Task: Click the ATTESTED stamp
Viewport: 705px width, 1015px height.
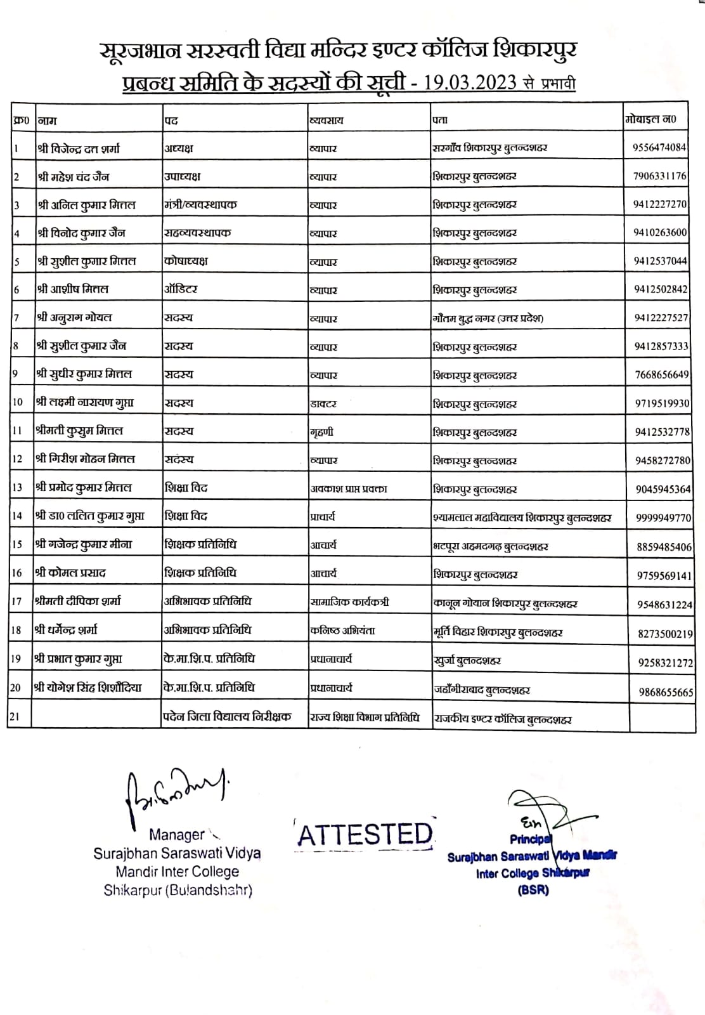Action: coord(365,834)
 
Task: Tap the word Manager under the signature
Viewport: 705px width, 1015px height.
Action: coord(177,835)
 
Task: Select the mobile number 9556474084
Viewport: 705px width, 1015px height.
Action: coord(659,147)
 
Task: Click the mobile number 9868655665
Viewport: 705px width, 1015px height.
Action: coord(666,692)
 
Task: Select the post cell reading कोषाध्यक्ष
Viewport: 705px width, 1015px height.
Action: coord(186,261)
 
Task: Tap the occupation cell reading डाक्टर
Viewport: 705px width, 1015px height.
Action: coord(323,403)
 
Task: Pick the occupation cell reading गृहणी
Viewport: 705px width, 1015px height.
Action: coord(321,432)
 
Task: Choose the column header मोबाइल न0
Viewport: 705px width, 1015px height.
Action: coord(650,119)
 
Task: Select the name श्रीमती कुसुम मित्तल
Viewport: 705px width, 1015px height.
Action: coord(79,431)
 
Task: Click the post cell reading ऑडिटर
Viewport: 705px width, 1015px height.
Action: coord(181,289)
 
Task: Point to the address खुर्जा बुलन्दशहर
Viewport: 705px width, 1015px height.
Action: coord(467,660)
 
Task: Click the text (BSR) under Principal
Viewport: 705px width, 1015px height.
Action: coord(533,889)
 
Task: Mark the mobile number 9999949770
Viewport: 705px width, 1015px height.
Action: coord(663,518)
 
